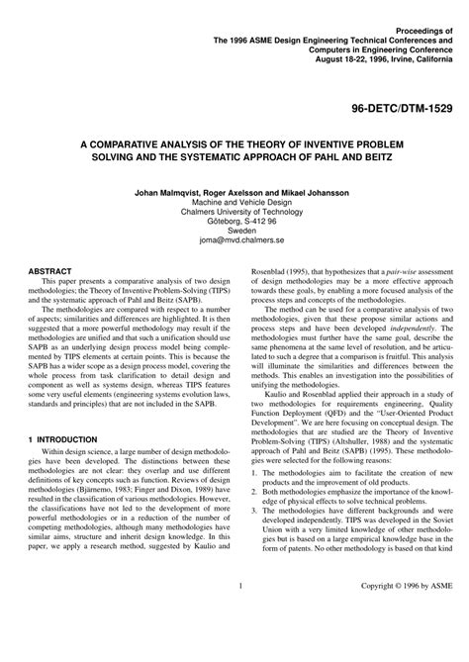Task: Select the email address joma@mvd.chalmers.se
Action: click(x=234, y=238)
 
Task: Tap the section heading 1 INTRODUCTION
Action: click(x=61, y=438)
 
